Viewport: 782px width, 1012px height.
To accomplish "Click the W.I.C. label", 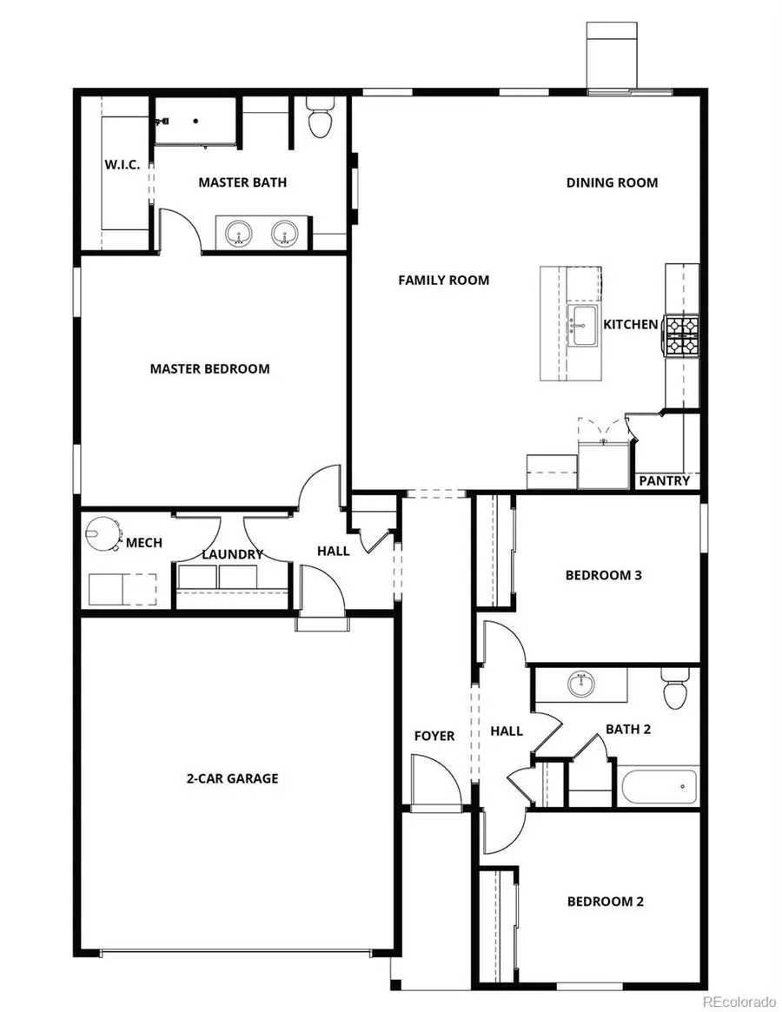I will click(123, 165).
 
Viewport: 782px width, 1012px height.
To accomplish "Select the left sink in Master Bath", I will click(238, 233).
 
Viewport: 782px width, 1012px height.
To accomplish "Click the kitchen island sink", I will click(581, 321).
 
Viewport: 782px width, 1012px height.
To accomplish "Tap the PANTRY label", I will click(665, 480).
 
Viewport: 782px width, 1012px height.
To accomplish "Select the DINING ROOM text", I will click(612, 182).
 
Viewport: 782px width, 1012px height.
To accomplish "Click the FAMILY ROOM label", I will click(443, 280).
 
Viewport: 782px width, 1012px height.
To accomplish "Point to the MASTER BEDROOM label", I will click(209, 368).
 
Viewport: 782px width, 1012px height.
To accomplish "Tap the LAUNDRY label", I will click(232, 554).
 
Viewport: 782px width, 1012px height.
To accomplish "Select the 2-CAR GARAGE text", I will click(232, 778).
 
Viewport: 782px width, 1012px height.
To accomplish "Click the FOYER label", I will click(434, 736).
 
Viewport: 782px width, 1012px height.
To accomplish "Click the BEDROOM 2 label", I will click(605, 902).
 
